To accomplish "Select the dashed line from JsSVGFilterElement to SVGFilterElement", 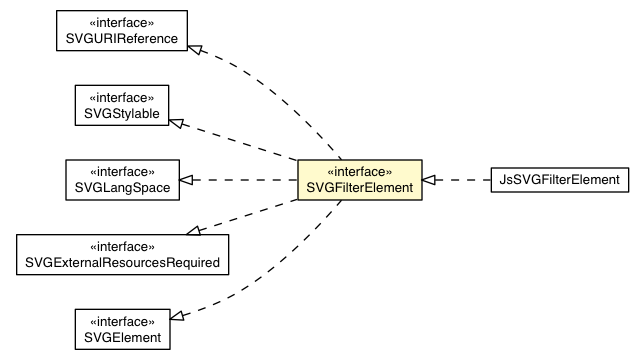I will tap(463, 180).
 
